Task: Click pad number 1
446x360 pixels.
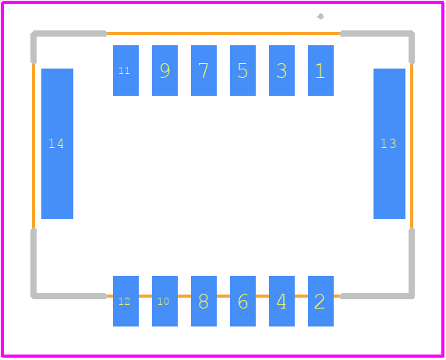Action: coord(320,71)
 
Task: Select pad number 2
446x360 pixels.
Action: coord(320,301)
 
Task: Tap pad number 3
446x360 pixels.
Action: coord(281,71)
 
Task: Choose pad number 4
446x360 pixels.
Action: coord(281,301)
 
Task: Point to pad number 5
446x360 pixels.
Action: coord(242,71)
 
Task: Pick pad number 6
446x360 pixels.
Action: coord(242,301)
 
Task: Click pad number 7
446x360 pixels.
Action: coord(204,71)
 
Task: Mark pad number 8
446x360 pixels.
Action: coord(204,301)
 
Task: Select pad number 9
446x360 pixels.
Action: coord(165,71)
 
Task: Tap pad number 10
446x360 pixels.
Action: coord(165,301)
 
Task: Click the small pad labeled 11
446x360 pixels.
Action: coord(126,71)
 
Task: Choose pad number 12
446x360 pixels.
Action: coord(126,301)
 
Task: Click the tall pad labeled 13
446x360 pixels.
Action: coord(389,143)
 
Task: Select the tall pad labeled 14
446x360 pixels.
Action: coord(57,143)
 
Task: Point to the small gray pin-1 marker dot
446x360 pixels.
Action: coord(320,16)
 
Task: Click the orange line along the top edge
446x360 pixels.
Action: coord(223,34)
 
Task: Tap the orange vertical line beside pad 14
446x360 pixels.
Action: coord(34,146)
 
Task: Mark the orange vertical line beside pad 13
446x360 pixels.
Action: coord(412,146)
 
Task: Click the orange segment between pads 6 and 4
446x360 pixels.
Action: coord(262,296)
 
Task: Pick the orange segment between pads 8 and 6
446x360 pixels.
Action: coord(223,296)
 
